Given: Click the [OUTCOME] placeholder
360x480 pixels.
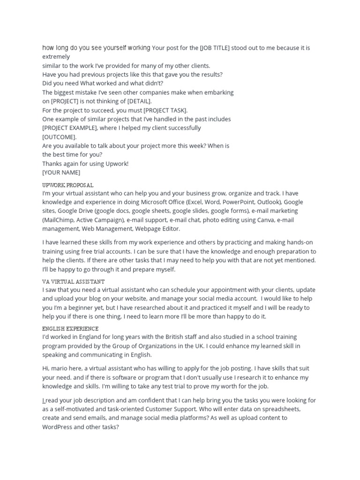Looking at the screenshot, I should click(59, 137).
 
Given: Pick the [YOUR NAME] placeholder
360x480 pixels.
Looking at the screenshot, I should click(61, 172).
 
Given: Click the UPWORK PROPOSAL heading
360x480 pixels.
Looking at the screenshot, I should click(68, 185).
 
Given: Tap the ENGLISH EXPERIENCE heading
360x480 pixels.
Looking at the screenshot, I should click(70, 329).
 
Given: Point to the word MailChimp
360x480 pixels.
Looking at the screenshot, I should click(59, 220).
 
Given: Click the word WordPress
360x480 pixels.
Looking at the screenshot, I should click(59, 427).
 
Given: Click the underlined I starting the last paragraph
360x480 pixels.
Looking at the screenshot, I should click(44, 400).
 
